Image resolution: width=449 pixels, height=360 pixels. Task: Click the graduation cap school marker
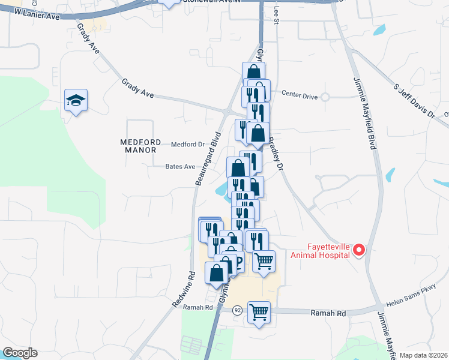[76, 100]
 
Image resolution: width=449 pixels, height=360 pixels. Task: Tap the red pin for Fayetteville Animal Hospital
[359, 250]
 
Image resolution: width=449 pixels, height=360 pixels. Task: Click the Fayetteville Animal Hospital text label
[320, 250]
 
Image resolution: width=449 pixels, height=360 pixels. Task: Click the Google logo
[20, 353]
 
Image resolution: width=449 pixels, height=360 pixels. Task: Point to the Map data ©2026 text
[423, 355]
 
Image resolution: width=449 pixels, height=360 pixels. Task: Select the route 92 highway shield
[238, 310]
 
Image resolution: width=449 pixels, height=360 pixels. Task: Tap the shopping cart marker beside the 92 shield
[259, 312]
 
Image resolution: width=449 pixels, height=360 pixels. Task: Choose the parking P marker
[237, 262]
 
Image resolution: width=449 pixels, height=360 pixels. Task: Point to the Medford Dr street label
[188, 145]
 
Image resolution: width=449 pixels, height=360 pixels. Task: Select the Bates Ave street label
[181, 167]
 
